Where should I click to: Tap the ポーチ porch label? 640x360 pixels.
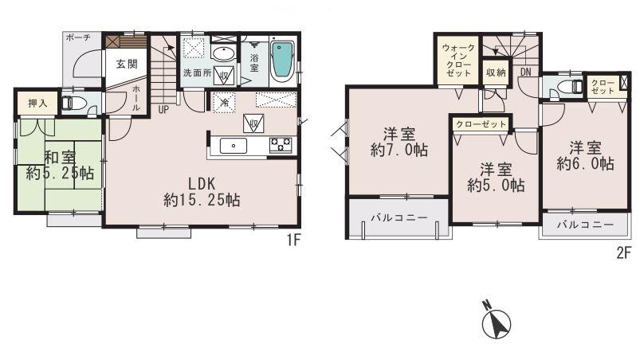click(78, 37)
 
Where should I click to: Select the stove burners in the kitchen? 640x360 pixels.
click(281, 144)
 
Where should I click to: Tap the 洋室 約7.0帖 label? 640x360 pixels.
click(398, 142)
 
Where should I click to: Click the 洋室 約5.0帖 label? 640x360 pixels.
click(495, 177)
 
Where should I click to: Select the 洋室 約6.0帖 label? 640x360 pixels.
click(584, 155)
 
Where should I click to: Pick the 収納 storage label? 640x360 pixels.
click(496, 72)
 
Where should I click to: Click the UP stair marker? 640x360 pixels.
click(163, 109)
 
